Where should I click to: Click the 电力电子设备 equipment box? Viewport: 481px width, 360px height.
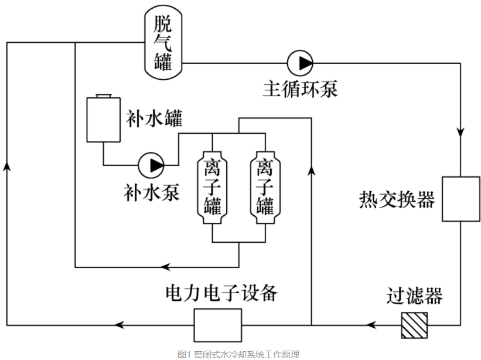[x=218, y=324]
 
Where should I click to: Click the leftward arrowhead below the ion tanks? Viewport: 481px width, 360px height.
[x=166, y=267]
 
